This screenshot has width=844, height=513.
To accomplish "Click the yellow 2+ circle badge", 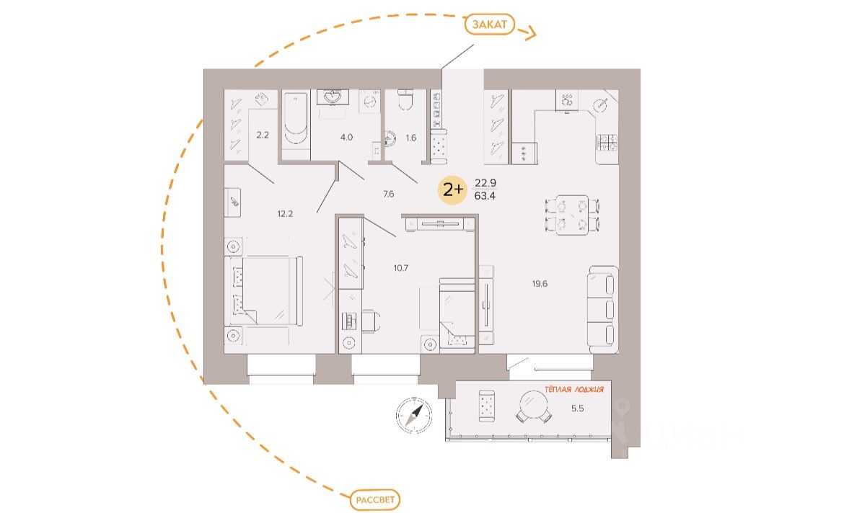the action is [x=453, y=190].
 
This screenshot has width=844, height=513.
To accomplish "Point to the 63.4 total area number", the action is [x=485, y=195].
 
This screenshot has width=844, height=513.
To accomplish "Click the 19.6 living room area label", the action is [x=540, y=284].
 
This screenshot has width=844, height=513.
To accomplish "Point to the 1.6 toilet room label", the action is [x=410, y=136].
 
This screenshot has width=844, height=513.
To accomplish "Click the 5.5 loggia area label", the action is [x=578, y=408].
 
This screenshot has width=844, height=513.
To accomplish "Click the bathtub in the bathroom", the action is [x=294, y=124].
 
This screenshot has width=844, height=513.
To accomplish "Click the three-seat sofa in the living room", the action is [x=602, y=309].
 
